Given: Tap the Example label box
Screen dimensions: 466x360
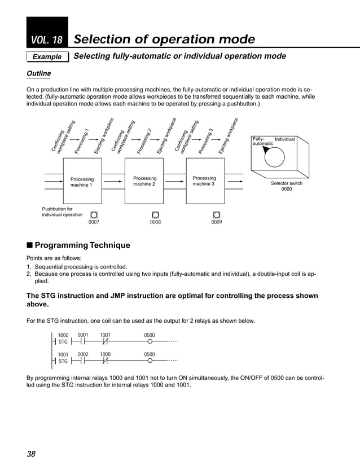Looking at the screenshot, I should coord(47,57).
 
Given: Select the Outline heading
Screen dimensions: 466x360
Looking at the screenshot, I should coord(39,74).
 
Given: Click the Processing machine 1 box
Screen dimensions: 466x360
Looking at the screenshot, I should coord(82,182).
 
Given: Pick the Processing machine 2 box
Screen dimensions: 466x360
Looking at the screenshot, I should coord(144,182).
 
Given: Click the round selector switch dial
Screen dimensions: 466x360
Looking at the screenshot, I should coord(275,156).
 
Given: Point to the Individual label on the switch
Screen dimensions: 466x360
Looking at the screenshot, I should coord(284,139).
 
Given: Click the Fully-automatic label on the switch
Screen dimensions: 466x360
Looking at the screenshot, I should coord(262,141).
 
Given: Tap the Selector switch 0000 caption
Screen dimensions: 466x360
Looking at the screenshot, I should coord(287,187).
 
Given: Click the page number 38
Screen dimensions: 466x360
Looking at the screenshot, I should coord(31,454).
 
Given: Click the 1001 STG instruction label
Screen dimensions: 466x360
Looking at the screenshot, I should coord(63,358).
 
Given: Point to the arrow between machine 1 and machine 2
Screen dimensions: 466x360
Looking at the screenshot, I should coord(113,182).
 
